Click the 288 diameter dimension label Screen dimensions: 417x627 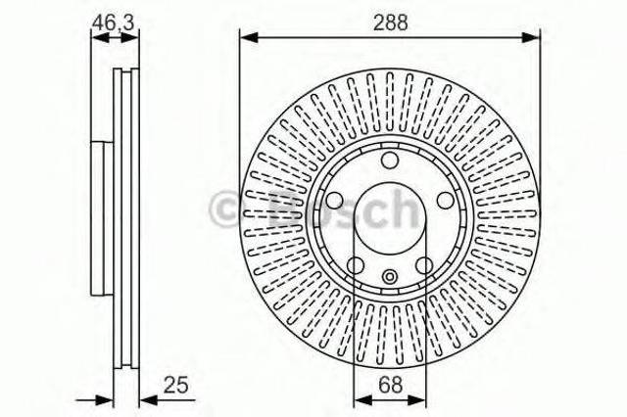[x=390, y=19]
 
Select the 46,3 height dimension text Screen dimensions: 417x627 [x=113, y=19]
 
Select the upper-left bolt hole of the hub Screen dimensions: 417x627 [x=333, y=202]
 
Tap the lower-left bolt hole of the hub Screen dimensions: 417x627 [x=355, y=266]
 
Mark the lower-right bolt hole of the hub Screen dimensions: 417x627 [x=424, y=266]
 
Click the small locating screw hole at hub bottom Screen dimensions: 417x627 [x=389, y=277]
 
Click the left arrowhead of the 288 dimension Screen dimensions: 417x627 [x=246, y=37]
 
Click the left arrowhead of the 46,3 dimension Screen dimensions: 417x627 [x=96, y=37]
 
